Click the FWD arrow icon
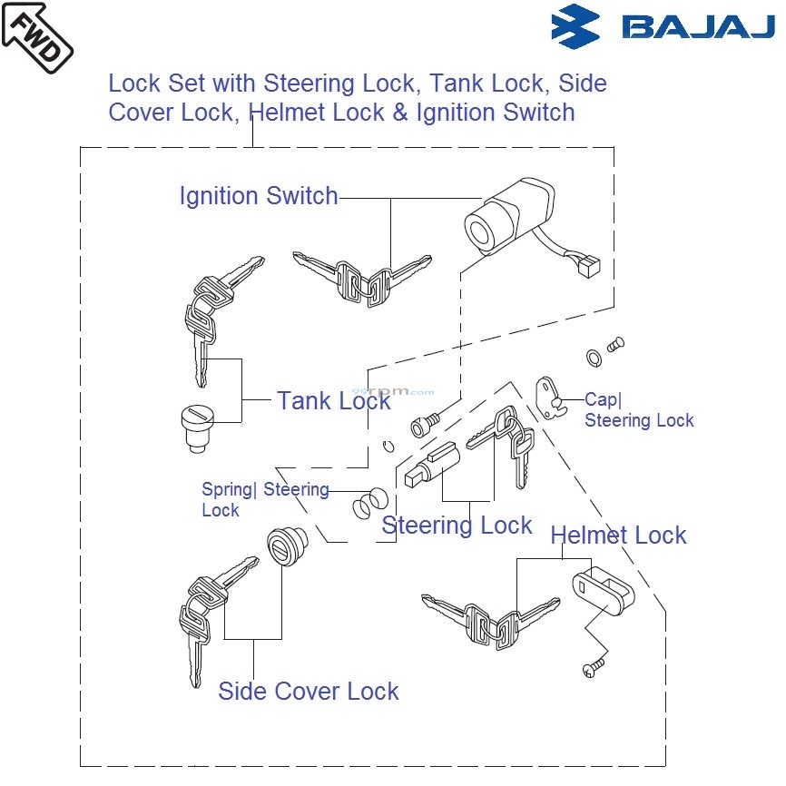point(36,38)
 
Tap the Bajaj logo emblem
point(575,26)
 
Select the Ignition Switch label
point(259,196)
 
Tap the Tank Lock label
point(333,400)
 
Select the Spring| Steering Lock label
point(264,499)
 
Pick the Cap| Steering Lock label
point(638,410)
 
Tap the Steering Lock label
point(457,526)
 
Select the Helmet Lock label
point(618,535)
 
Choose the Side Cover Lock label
point(309,692)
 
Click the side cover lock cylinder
point(287,547)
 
